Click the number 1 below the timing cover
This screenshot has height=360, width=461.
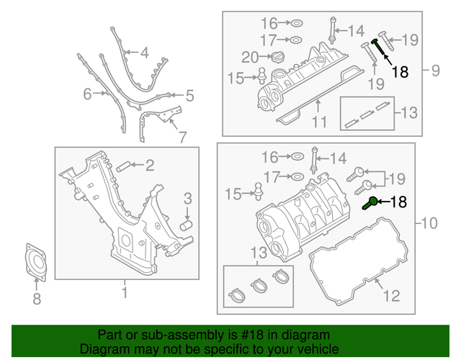pyautogui.click(x=123, y=292)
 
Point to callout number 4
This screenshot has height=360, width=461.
pyautogui.click(x=144, y=53)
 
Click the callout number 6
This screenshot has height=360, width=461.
pyautogui.click(x=87, y=94)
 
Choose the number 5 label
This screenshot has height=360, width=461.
pyautogui.click(x=190, y=95)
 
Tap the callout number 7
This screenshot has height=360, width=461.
pyautogui.click(x=182, y=135)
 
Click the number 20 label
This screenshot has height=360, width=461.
pyautogui.click(x=250, y=57)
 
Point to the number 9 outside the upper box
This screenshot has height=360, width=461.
pyautogui.click(x=435, y=71)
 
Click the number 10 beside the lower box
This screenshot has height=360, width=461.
pyautogui.click(x=429, y=224)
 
